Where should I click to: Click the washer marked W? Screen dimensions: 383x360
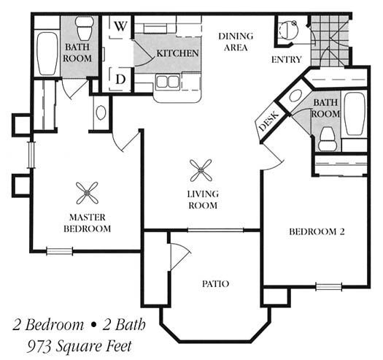pos(120,27)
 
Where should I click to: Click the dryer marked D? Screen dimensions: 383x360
pos(120,80)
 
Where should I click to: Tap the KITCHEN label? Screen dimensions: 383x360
pos(177,53)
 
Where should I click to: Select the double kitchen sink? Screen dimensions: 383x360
pos(168,82)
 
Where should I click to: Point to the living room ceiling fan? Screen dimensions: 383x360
pos(201,170)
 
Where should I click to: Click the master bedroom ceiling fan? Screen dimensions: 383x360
pos(87,193)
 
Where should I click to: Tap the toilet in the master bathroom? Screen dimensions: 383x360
pos(85,28)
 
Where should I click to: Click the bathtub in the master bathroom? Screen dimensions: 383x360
pos(47,53)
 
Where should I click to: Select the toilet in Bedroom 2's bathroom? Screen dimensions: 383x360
pos(328,138)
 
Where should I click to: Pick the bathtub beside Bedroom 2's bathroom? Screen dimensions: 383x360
pos(355,113)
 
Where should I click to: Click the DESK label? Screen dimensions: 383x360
pos(268,120)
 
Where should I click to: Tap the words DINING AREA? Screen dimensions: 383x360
pos(236,42)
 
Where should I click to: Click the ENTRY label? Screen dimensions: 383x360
pos(287,59)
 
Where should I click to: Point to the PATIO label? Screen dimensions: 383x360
pos(215,284)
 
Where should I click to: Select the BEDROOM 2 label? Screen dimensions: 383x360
pos(317,231)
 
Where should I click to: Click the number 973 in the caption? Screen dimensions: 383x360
pos(38,346)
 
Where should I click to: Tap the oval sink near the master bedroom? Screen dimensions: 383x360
pos(101,112)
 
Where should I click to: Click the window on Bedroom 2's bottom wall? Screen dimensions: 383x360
pos(328,286)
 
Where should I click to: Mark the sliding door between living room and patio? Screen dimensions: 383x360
pos(215,230)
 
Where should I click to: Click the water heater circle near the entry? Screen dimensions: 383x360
pos(288,30)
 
